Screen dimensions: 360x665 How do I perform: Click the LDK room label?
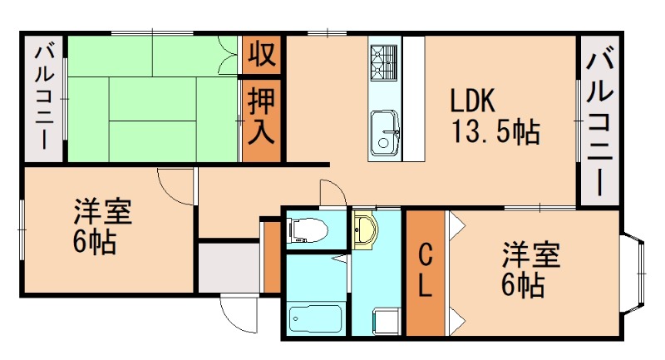(x=473, y=101)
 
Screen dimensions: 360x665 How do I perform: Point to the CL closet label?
(x=424, y=270)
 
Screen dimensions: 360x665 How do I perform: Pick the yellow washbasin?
(x=365, y=229)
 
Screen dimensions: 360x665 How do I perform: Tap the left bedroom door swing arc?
(x=175, y=186)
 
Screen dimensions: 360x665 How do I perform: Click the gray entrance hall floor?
(x=227, y=267)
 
